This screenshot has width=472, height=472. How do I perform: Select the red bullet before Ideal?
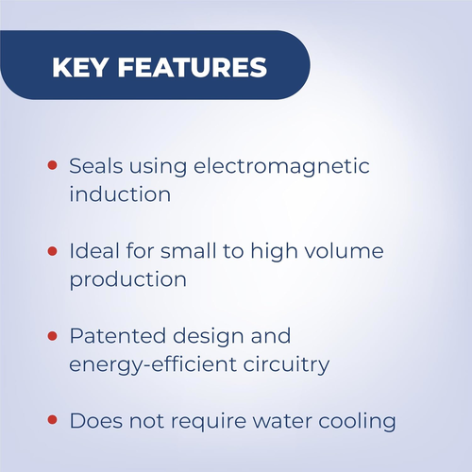pos(52,251)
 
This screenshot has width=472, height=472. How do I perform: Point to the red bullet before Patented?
pos(52,336)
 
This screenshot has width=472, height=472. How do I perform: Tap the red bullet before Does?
pos(52,420)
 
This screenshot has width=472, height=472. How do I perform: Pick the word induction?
pos(120,195)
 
